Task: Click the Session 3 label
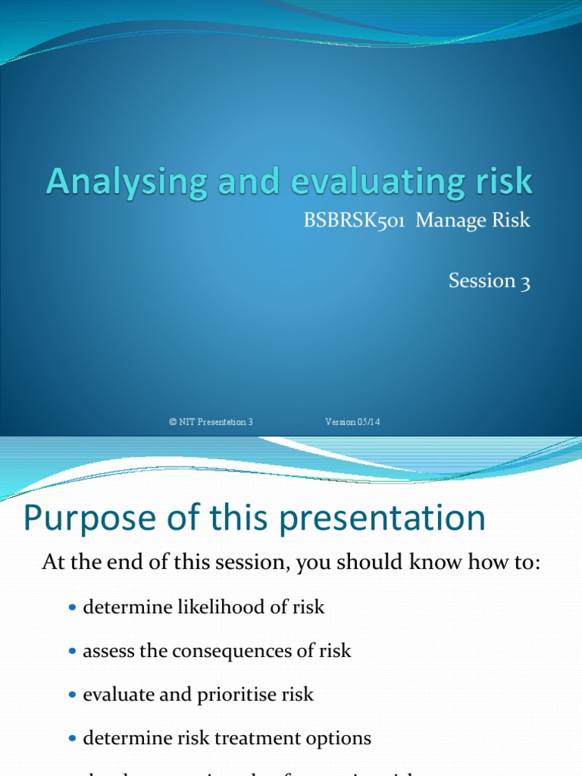pos(489,280)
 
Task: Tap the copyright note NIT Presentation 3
pos(211,422)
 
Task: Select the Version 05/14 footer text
pos(352,422)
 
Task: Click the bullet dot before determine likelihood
pos(73,609)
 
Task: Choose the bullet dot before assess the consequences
pos(73,652)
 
